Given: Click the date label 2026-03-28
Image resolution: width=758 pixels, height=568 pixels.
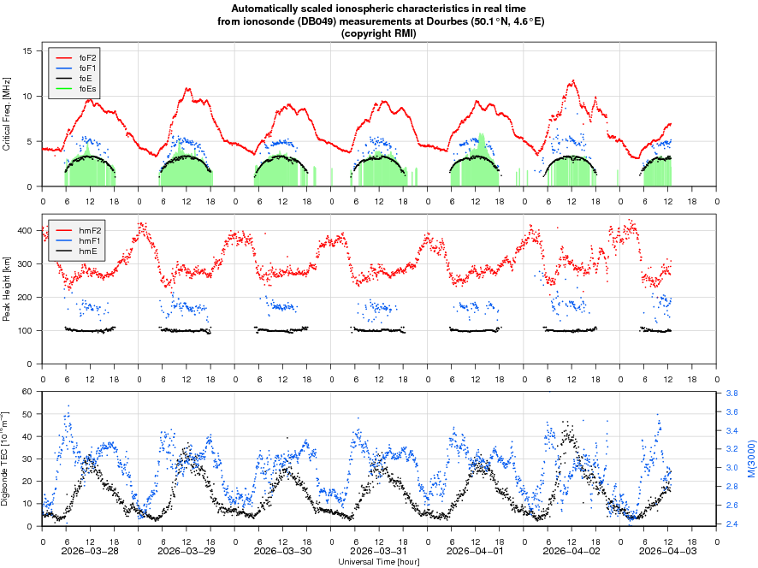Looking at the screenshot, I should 91,553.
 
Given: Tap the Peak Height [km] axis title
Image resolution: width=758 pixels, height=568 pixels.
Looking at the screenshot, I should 7,288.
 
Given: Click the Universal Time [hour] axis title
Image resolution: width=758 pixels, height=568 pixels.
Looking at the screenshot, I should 379,562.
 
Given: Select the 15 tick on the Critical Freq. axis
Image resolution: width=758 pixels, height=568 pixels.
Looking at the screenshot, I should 27,51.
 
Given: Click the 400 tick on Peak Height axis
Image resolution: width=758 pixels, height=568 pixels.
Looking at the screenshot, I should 23,231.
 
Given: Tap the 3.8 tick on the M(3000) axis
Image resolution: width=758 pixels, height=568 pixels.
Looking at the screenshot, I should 732,393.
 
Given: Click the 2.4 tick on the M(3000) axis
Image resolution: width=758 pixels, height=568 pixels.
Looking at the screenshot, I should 732,524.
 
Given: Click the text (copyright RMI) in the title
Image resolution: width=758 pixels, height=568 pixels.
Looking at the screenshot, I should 379,33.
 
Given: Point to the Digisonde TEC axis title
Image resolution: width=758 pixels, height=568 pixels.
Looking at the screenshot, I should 7,459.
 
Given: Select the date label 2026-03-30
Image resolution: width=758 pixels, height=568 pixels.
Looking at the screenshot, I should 283,553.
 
